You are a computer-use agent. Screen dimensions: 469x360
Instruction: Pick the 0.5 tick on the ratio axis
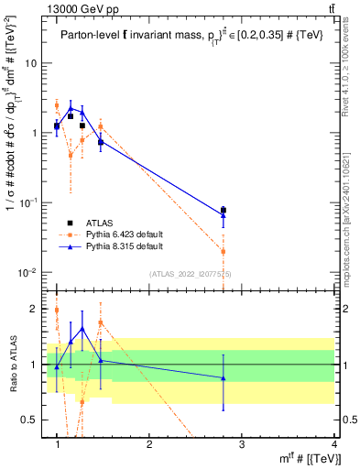[x=29, y=419]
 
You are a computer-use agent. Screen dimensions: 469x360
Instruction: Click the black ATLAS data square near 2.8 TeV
[x=224, y=210]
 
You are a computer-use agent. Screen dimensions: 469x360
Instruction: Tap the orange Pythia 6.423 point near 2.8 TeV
[x=224, y=251]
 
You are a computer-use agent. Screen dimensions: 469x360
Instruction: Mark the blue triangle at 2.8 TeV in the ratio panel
[x=224, y=377]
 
